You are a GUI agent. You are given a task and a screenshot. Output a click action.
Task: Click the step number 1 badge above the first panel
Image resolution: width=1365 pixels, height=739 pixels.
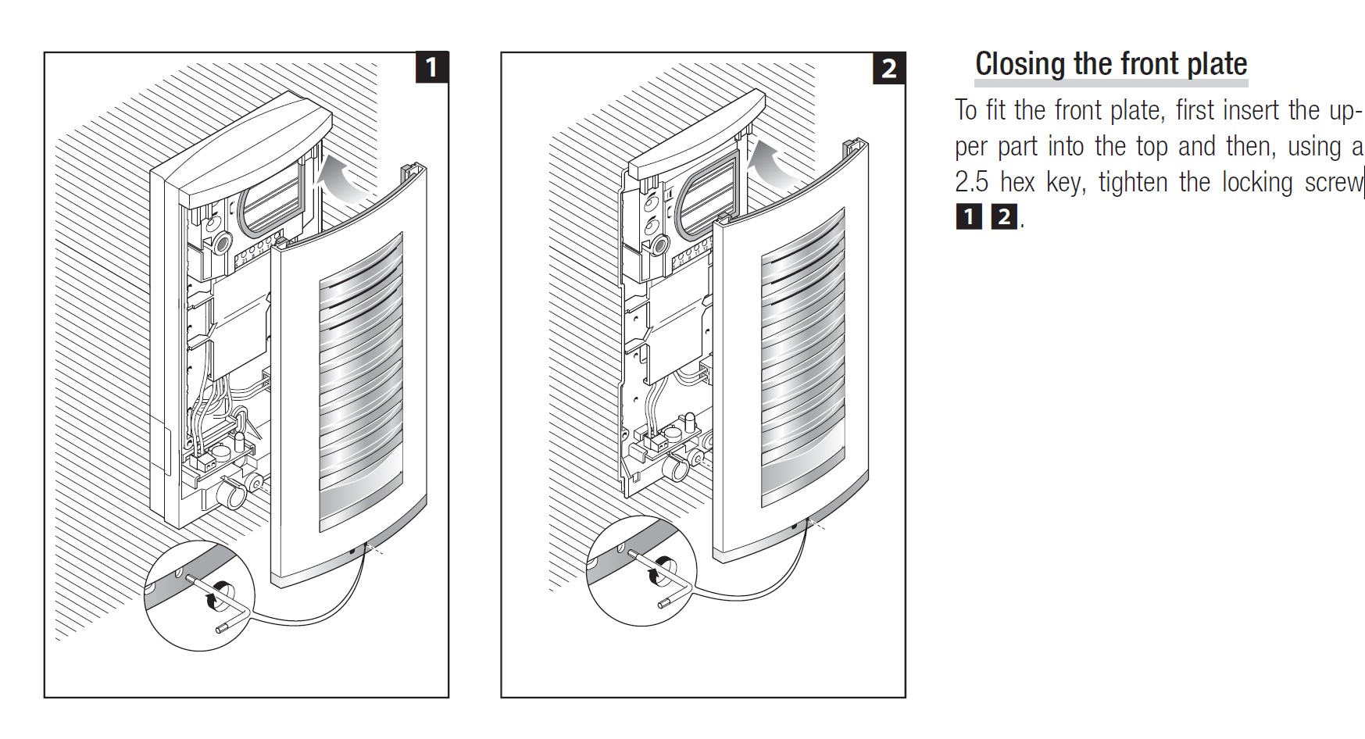click(431, 67)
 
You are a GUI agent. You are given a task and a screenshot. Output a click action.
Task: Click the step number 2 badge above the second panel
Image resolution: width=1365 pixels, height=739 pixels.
click(888, 67)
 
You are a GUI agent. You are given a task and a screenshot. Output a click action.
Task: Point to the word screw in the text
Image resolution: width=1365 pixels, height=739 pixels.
click(1332, 183)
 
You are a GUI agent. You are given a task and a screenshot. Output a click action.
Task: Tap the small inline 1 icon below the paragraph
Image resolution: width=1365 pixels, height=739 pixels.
click(968, 217)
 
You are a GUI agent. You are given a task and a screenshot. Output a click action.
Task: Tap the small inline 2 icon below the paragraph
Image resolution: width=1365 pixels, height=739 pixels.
click(1003, 217)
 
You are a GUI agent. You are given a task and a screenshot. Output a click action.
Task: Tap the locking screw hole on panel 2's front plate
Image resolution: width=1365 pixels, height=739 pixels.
click(795, 527)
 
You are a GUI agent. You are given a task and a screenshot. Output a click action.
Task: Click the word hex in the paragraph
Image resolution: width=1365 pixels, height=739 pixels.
click(1019, 183)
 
